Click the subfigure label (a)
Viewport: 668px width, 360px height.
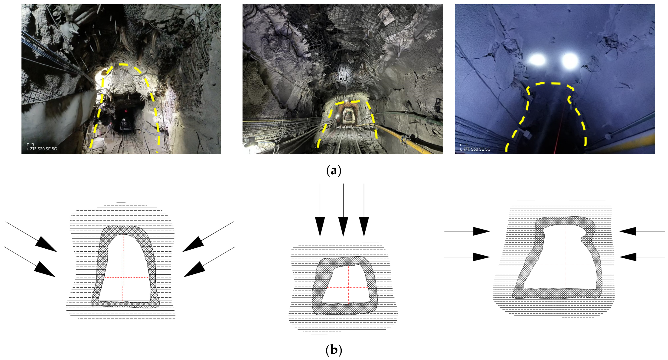pos(334,171)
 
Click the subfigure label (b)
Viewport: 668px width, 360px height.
pos(334,350)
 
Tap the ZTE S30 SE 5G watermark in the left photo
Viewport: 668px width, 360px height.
pos(43,149)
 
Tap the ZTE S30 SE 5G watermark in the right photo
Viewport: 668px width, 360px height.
pos(477,149)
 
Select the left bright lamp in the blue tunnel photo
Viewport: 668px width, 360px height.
pos(538,60)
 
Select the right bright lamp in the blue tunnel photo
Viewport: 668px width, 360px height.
pos(570,60)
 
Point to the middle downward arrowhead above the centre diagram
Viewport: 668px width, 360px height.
pos(343,227)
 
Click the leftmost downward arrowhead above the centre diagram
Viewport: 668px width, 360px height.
pos(320,227)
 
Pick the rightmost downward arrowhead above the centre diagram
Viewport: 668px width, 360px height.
pos(364,227)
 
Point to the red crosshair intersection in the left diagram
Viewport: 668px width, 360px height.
pos(123,277)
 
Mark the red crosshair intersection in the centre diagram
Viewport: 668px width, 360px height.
pos(348,287)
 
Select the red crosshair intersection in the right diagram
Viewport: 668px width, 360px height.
pos(565,264)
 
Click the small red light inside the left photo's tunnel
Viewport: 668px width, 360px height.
pos(125,111)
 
